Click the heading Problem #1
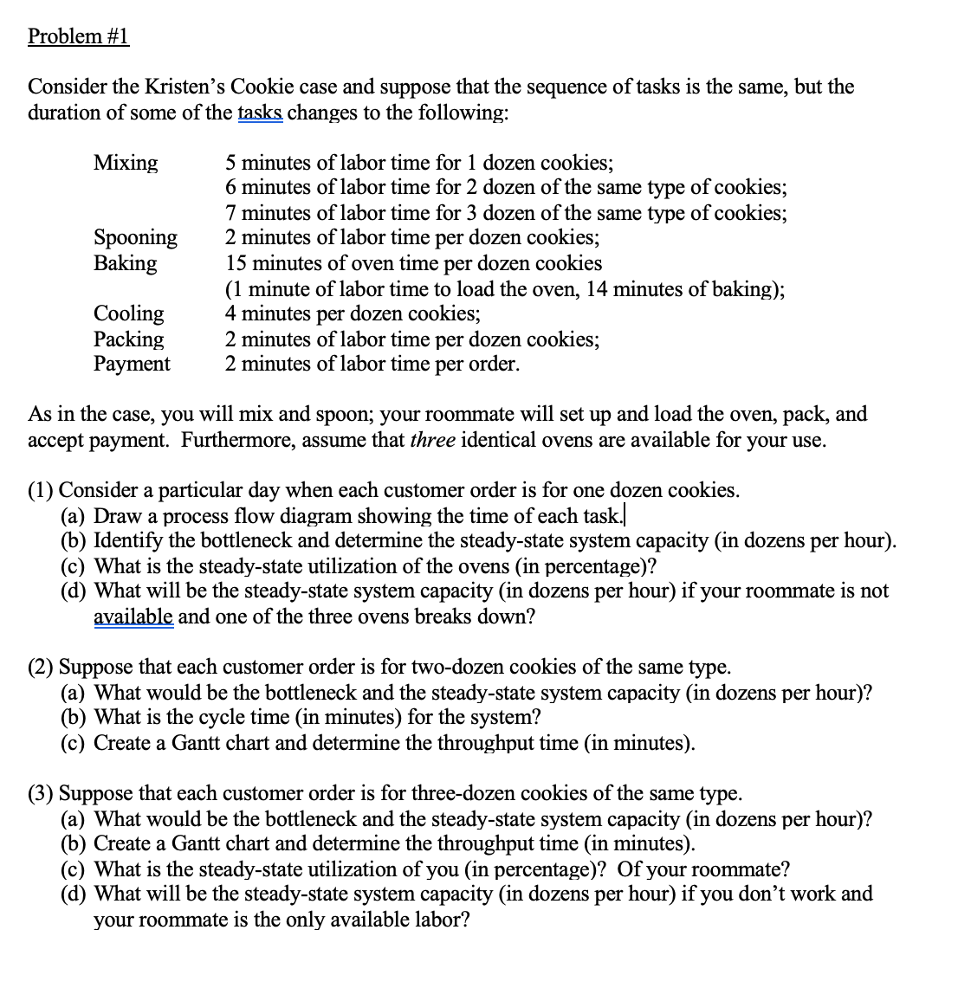point(78,36)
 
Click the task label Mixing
point(126,163)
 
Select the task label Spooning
point(135,238)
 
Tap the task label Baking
point(126,263)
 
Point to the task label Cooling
point(128,313)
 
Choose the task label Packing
point(128,339)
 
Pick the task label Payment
point(132,364)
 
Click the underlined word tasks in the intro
point(259,113)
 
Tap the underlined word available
point(133,617)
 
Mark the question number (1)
point(41,491)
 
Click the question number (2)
point(41,668)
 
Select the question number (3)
point(41,794)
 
